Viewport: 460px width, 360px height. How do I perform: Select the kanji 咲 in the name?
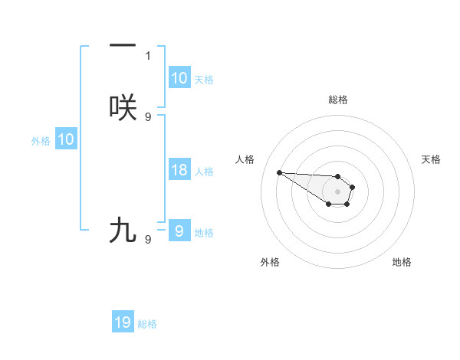(x=123, y=108)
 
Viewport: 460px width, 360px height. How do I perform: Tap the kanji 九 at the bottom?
(x=123, y=230)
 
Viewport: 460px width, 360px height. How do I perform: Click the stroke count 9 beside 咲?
(x=148, y=117)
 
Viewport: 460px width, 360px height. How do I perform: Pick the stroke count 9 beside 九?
(x=148, y=240)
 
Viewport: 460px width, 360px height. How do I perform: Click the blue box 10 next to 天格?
(x=179, y=78)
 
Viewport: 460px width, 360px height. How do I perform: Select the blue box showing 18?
(x=179, y=170)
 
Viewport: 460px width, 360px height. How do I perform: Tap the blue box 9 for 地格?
(x=179, y=231)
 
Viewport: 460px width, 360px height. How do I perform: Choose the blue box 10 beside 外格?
(x=66, y=139)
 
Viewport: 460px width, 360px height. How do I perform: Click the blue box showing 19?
(x=123, y=322)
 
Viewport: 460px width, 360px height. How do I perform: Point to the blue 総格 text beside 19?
(x=147, y=324)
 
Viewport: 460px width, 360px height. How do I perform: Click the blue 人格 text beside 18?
(x=204, y=172)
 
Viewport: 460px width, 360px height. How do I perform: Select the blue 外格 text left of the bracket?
(x=41, y=141)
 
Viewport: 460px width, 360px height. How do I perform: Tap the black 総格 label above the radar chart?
(x=338, y=100)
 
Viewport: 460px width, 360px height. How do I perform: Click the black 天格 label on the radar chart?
(x=431, y=159)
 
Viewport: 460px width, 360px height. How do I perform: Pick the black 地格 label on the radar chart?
(x=402, y=262)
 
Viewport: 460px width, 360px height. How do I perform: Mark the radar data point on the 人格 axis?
(x=279, y=172)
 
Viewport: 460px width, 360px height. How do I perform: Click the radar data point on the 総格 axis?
(x=338, y=176)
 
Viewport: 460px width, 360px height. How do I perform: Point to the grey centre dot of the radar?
(x=338, y=191)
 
